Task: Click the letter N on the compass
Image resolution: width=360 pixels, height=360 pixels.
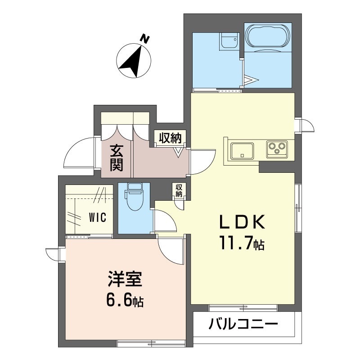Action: pyautogui.click(x=145, y=39)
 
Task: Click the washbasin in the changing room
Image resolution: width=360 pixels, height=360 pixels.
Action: pyautogui.click(x=229, y=41)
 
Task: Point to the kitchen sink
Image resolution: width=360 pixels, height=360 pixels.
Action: pyautogui.click(x=242, y=151)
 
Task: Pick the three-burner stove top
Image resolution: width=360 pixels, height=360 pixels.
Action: pyautogui.click(x=277, y=149)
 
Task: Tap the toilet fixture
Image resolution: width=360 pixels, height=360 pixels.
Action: pyautogui.click(x=135, y=197)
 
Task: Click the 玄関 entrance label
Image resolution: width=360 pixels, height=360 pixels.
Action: pyautogui.click(x=117, y=158)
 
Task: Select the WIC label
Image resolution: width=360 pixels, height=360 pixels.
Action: pyautogui.click(x=98, y=217)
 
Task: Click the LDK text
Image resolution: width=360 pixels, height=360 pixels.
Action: pyautogui.click(x=243, y=222)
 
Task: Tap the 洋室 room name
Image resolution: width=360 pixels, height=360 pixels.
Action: pyautogui.click(x=125, y=279)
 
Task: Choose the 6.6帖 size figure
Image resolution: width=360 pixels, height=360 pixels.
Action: pyautogui.click(x=125, y=300)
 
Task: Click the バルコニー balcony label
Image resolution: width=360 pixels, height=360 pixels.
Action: pyautogui.click(x=243, y=324)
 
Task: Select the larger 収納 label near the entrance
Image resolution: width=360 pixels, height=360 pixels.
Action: pyautogui.click(x=171, y=138)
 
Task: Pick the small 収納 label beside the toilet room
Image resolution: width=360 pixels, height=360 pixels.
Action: pyautogui.click(x=179, y=190)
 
